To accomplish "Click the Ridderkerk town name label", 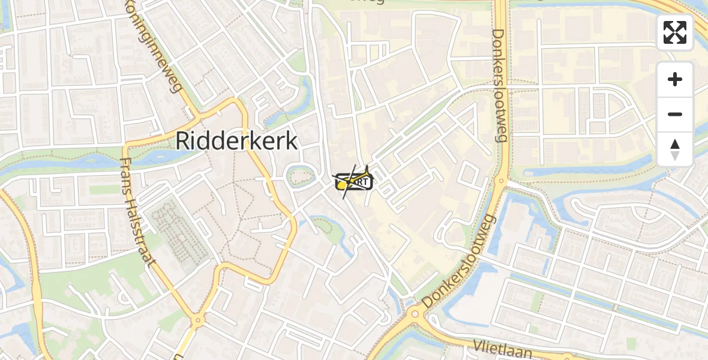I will pyautogui.click(x=236, y=141).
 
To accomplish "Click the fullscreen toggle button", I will pyautogui.click(x=675, y=32).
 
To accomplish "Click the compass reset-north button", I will pyautogui.click(x=675, y=149).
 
